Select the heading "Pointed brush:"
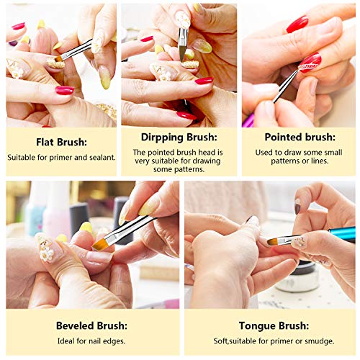299,136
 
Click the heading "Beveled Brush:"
93,325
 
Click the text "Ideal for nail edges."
93,341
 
